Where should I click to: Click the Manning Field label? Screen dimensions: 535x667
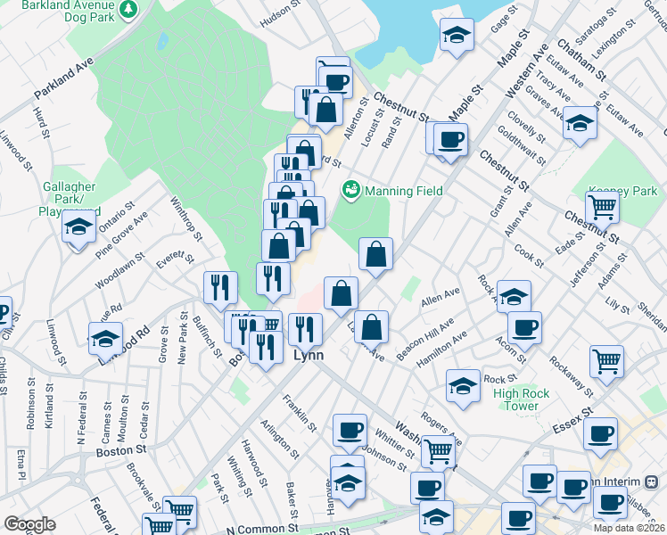[402, 191]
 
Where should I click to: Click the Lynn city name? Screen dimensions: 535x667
[308, 355]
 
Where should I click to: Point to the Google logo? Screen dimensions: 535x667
[30, 524]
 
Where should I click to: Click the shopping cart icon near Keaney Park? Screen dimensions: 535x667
[603, 207]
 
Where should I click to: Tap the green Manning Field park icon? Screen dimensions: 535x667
[350, 190]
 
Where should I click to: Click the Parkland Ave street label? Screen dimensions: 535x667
[63, 80]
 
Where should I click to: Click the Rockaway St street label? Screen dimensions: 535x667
[571, 374]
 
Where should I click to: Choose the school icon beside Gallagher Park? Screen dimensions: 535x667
[78, 227]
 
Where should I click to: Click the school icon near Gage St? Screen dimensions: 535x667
[457, 36]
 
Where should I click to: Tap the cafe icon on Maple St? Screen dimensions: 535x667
[451, 139]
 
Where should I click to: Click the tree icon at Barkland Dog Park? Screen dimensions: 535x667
[129, 9]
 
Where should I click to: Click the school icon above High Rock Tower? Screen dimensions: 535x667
[464, 385]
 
